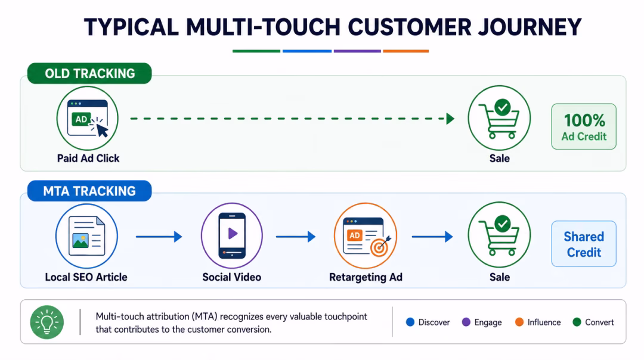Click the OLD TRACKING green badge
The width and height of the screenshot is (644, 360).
click(89, 73)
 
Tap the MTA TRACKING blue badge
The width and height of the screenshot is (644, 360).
click(89, 191)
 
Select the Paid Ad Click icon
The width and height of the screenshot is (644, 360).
click(88, 118)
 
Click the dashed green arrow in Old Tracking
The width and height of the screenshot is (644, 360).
click(292, 119)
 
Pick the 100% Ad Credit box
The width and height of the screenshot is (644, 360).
click(584, 126)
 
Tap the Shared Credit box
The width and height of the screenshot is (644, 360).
click(584, 244)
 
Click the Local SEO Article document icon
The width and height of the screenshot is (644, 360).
click(86, 236)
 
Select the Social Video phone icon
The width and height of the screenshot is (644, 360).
click(231, 235)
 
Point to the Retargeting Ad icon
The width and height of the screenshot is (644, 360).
click(366, 235)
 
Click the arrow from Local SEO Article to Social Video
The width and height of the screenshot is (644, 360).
click(159, 237)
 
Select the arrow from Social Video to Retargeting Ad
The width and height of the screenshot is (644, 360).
click(296, 237)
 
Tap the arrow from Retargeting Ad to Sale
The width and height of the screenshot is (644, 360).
click(432, 237)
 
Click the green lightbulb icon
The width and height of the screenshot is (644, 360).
click(47, 322)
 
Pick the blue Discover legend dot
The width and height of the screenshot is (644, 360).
click(410, 322)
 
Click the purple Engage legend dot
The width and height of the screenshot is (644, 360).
click(466, 322)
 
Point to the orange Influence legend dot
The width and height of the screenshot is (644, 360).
click(519, 322)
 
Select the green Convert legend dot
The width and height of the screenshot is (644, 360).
click(577, 322)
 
